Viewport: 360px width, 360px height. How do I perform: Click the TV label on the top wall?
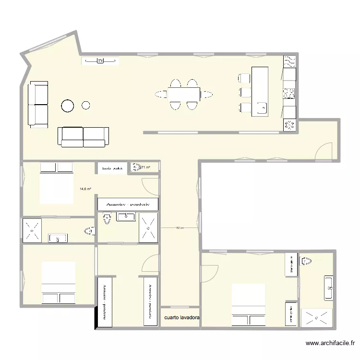[100, 60]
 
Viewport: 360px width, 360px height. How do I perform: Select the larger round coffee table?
[67, 106]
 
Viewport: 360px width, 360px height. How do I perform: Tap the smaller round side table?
[86, 105]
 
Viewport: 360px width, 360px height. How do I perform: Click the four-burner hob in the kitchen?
[289, 93]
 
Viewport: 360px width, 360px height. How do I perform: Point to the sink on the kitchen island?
[261, 108]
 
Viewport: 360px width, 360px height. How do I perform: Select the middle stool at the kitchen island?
[245, 92]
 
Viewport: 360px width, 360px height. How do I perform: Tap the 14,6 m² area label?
[85, 190]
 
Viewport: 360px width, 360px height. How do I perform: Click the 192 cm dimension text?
[180, 228]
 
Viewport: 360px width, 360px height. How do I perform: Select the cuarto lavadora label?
[182, 318]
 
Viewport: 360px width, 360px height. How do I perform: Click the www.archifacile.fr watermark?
[330, 344]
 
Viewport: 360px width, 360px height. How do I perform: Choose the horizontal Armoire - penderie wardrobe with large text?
[128, 204]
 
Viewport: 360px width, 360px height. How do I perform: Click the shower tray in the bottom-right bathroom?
[316, 317]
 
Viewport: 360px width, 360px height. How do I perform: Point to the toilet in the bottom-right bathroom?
[305, 262]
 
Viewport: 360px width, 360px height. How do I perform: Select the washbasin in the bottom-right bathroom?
[328, 288]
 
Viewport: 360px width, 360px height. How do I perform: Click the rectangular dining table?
[184, 93]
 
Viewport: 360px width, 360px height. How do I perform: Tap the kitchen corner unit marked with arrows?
[289, 125]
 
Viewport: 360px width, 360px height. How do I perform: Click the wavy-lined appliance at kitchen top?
[289, 62]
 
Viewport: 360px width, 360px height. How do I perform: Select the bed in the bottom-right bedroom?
[248, 305]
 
